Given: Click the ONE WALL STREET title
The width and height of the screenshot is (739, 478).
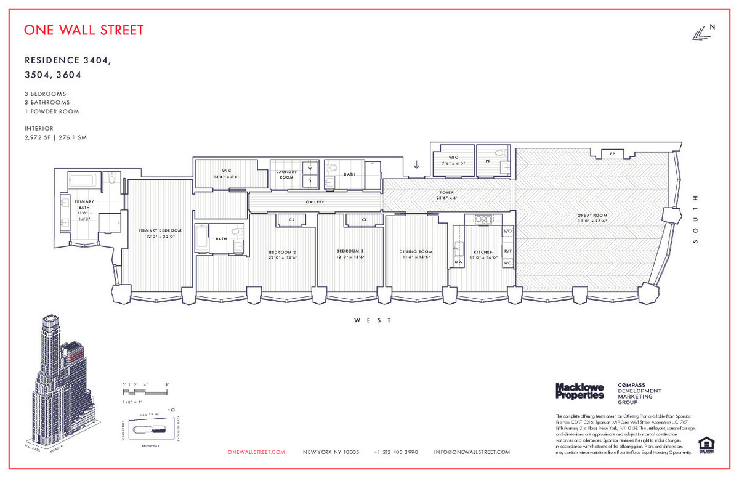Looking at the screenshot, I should click(x=84, y=30).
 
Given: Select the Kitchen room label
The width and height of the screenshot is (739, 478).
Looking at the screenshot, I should click(x=483, y=253).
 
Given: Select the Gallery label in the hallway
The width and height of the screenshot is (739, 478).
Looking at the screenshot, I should click(x=315, y=202).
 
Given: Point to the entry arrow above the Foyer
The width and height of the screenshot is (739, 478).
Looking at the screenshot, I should click(x=416, y=164).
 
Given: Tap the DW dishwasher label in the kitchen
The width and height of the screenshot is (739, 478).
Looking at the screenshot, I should click(x=458, y=262).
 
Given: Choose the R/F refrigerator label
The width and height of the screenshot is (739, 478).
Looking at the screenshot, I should click(x=507, y=251).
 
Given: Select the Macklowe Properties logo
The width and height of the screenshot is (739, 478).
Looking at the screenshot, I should click(x=579, y=391).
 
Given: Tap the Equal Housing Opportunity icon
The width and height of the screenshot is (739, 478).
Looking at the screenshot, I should click(x=705, y=445).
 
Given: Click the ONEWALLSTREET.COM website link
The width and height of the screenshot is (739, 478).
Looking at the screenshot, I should click(x=256, y=452).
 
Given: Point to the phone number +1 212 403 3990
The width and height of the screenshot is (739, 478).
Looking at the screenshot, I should click(x=396, y=452).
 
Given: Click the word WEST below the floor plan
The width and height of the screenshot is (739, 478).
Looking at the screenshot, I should click(x=372, y=320).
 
